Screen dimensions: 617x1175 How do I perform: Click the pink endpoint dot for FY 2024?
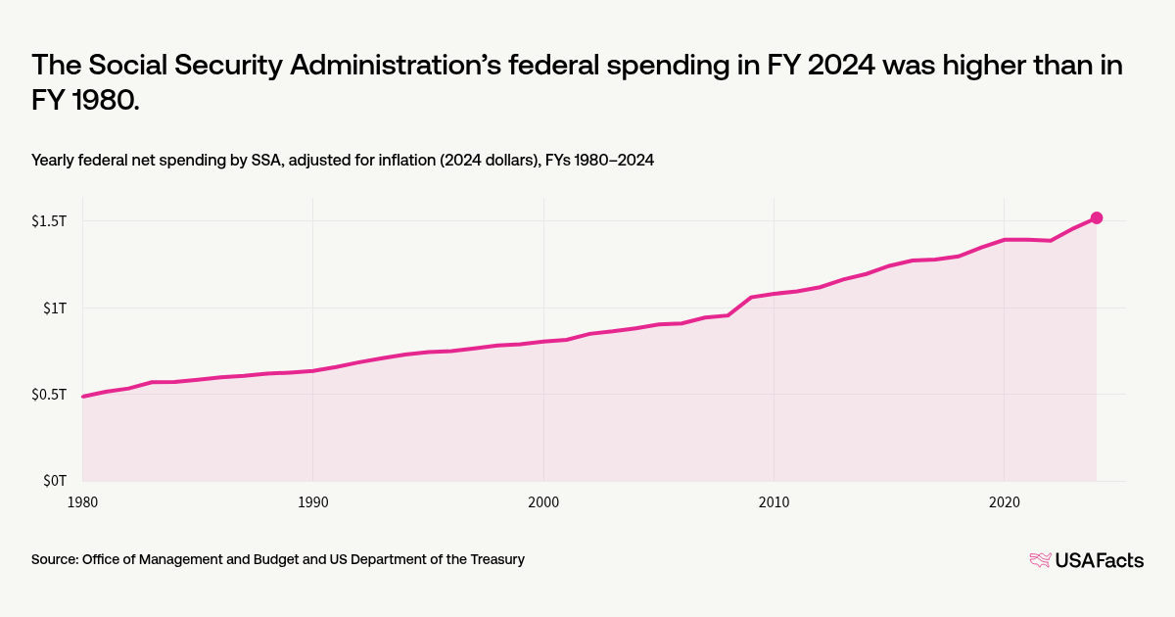[x=1097, y=218]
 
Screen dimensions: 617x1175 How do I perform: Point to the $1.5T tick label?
[x=49, y=220]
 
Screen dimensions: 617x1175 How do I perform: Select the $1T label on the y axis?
[x=54, y=308]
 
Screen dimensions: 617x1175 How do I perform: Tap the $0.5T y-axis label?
[x=49, y=395]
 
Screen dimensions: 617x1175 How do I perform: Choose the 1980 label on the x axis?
[x=82, y=501]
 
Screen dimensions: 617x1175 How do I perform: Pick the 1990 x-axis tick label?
[x=312, y=501]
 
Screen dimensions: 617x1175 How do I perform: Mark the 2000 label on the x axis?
[x=543, y=501]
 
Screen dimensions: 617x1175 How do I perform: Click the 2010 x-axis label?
[x=774, y=501]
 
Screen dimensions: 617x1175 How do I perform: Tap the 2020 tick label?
[x=1004, y=501]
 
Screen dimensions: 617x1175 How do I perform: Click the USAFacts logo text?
[x=1099, y=560]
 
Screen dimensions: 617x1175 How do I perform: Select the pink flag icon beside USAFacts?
[x=1040, y=560]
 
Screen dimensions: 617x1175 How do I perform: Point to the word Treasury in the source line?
[x=495, y=559]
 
